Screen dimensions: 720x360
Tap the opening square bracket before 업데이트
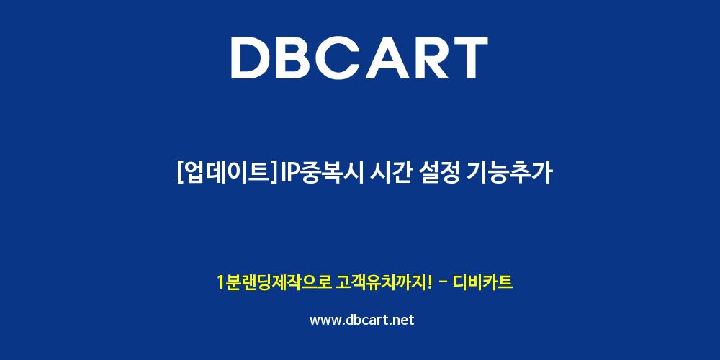(x=179, y=173)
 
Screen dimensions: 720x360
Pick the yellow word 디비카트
(x=482, y=282)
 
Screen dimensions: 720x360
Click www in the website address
(x=325, y=320)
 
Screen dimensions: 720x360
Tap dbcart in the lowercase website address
(x=368, y=320)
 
